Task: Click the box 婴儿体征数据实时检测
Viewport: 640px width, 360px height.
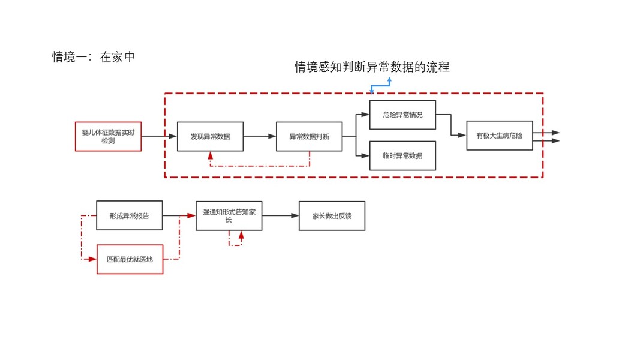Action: pyautogui.click(x=108, y=136)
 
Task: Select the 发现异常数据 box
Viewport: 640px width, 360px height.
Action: pyautogui.click(x=210, y=136)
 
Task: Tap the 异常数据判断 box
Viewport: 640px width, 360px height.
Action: pyautogui.click(x=309, y=136)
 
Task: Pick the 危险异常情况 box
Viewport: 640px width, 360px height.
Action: pyautogui.click(x=402, y=115)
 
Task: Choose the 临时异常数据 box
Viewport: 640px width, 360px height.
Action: pyautogui.click(x=402, y=155)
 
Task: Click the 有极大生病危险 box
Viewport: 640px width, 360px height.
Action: pyautogui.click(x=499, y=136)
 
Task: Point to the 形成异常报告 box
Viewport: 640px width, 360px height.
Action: pyautogui.click(x=129, y=215)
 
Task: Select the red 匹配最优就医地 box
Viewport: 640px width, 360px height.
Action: pyautogui.click(x=130, y=259)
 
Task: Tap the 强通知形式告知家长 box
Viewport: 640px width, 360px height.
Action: pyautogui.click(x=229, y=215)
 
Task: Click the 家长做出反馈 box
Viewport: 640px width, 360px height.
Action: pyautogui.click(x=332, y=215)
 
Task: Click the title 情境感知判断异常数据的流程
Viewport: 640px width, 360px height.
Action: pyautogui.click(x=372, y=67)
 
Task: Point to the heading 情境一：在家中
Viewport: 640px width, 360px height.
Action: pyautogui.click(x=94, y=57)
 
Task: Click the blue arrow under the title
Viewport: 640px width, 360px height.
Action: pyautogui.click(x=381, y=85)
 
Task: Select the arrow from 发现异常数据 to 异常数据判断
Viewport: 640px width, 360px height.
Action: pyautogui.click(x=259, y=136)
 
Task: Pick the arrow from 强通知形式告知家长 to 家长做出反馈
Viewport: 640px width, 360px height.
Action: pyautogui.click(x=280, y=215)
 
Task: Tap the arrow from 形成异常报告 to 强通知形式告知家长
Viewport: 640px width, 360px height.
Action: pyautogui.click(x=179, y=215)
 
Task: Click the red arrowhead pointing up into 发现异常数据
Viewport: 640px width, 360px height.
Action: pyautogui.click(x=211, y=155)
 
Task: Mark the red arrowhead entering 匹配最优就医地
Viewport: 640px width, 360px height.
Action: pyautogui.click(x=92, y=259)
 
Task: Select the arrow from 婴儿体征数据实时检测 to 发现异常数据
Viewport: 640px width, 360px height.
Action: pyautogui.click(x=159, y=136)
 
